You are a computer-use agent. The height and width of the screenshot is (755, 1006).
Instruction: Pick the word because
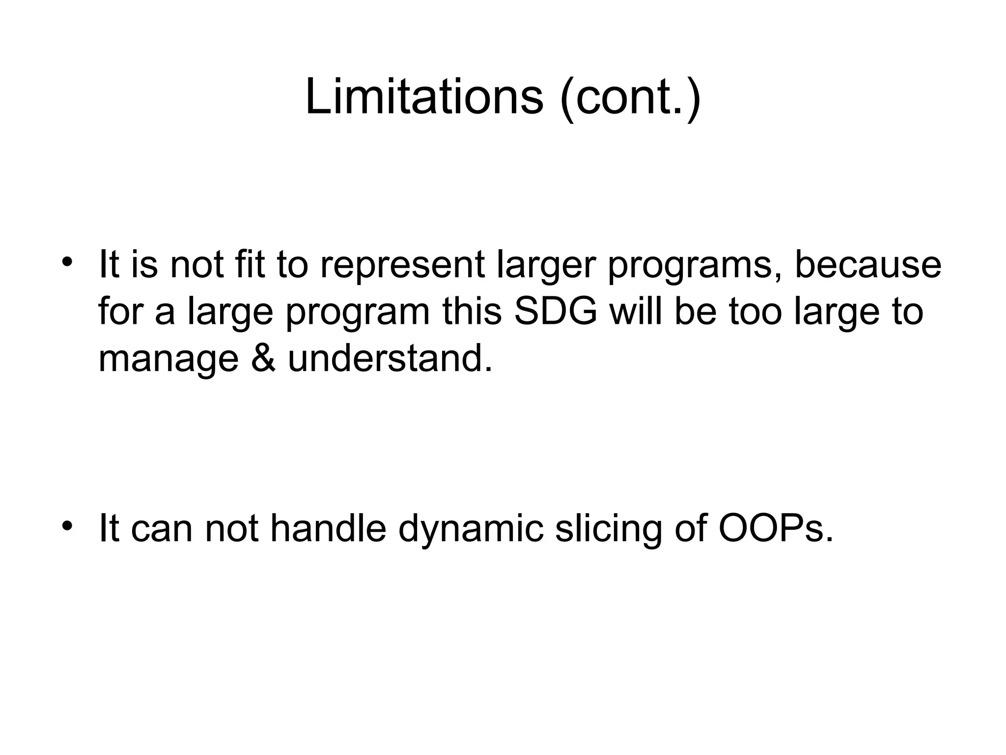(868, 265)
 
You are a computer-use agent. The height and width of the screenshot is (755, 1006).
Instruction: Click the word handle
(328, 529)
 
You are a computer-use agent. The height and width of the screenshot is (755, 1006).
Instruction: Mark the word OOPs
(776, 529)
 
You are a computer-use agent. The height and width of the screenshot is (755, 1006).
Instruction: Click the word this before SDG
(472, 312)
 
